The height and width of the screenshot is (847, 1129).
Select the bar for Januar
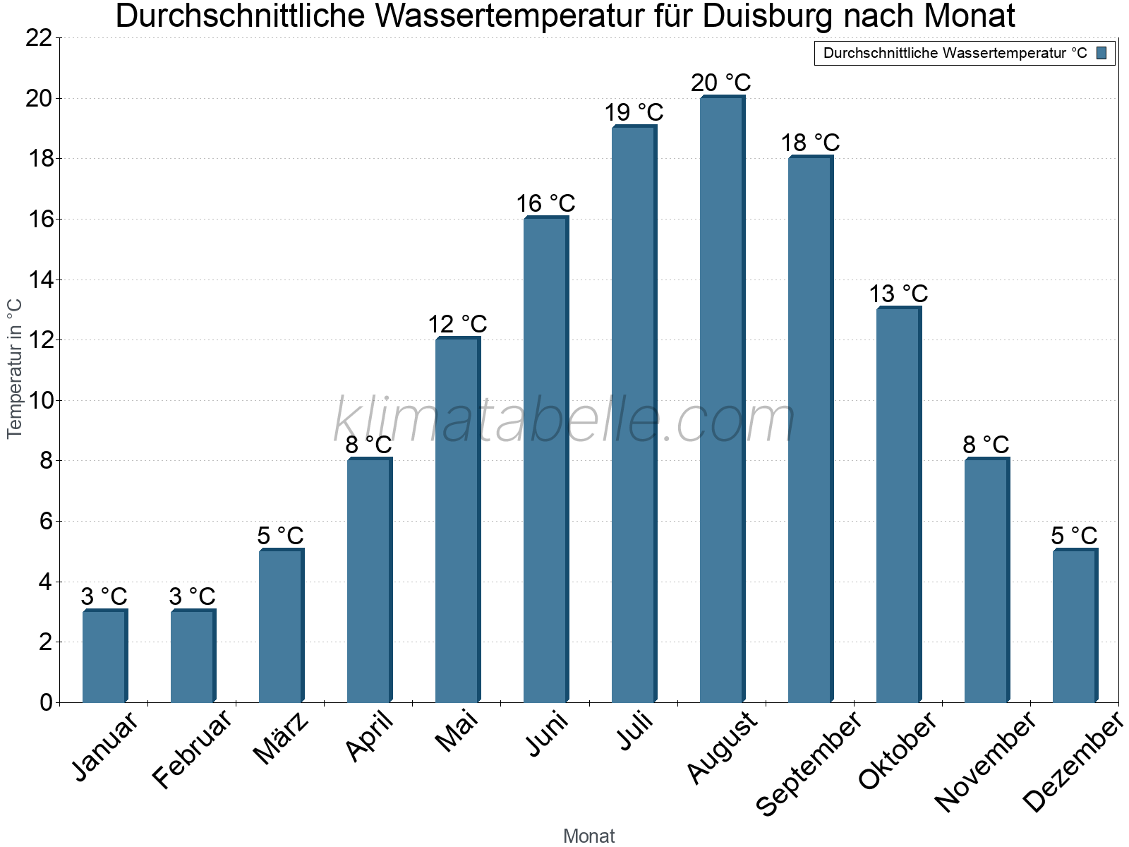click(x=104, y=656)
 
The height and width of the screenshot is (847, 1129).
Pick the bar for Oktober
click(x=898, y=505)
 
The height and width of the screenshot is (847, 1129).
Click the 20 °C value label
click(x=721, y=83)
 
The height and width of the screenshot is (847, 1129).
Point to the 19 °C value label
click(x=634, y=113)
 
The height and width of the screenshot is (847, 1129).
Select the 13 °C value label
click(x=898, y=294)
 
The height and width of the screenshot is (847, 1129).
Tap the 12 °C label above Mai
click(x=457, y=325)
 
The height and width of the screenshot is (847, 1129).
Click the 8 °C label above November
click(x=986, y=445)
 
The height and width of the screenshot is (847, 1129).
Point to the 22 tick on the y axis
click(x=39, y=38)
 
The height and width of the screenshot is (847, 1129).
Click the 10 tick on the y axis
click(x=39, y=401)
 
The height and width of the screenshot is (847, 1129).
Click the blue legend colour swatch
click(x=1101, y=53)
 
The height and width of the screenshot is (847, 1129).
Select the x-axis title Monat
click(x=588, y=836)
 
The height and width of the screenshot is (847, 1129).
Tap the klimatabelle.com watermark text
click(x=564, y=420)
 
